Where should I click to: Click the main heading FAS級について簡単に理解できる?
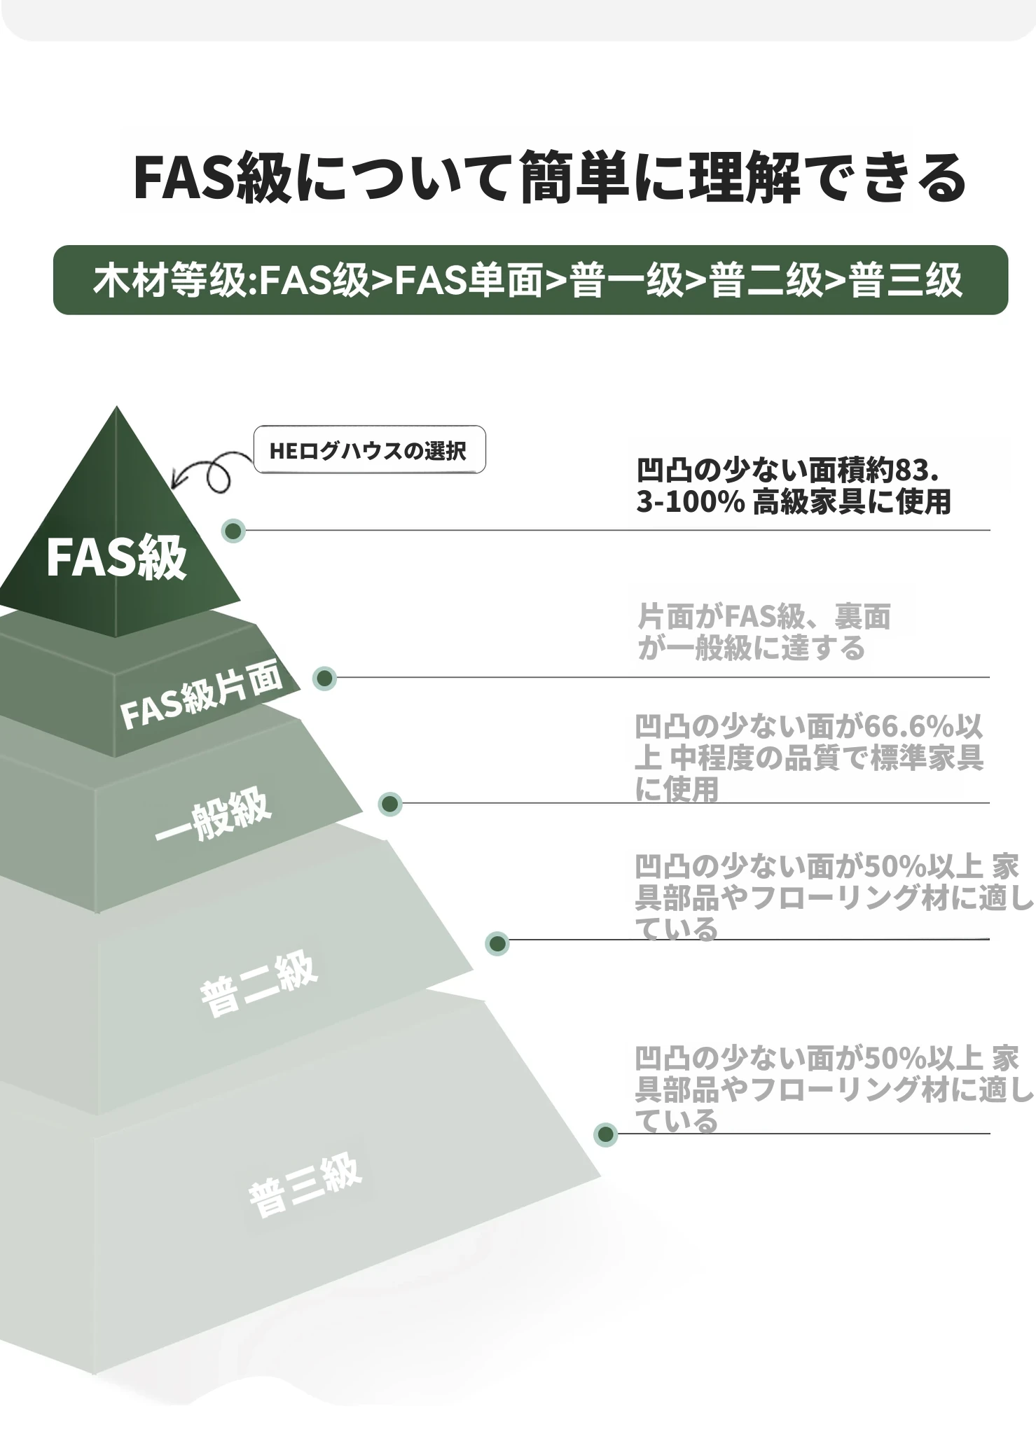click(x=550, y=178)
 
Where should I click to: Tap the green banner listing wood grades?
click(x=530, y=280)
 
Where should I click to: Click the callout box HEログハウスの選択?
click(x=369, y=450)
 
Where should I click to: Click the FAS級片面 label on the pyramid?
click(x=202, y=695)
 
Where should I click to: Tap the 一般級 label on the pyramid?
click(x=213, y=814)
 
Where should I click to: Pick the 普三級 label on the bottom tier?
click(x=305, y=1185)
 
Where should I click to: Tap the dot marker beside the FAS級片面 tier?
click(x=324, y=678)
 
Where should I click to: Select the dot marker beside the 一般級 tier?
click(x=390, y=805)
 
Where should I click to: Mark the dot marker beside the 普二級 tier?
click(x=497, y=945)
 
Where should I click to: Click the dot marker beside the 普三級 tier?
click(x=606, y=1135)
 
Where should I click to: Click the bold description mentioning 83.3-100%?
click(x=794, y=486)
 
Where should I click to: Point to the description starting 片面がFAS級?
click(x=764, y=632)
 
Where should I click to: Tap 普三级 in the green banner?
click(x=905, y=281)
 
